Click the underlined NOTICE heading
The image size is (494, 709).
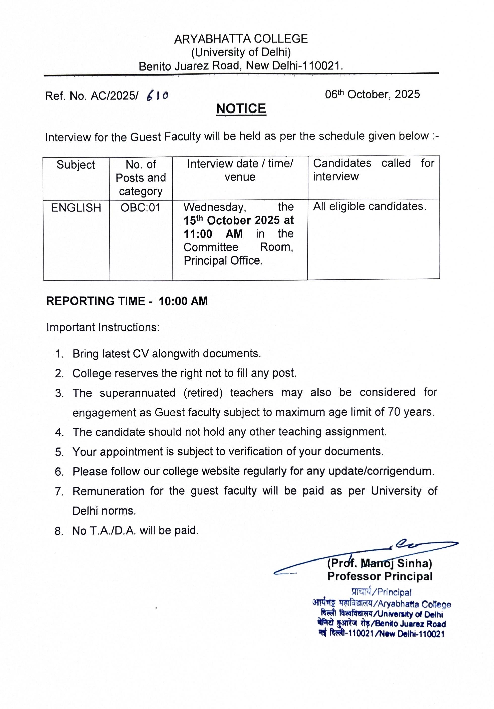point(241,109)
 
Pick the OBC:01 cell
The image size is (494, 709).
point(140,207)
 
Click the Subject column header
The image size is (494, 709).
point(76,165)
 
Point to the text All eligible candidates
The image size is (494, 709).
point(370,207)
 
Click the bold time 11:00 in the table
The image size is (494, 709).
point(198,234)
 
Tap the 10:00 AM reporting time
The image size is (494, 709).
point(183,301)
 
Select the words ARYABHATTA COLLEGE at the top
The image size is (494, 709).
point(241,39)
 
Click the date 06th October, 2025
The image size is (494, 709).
point(372,94)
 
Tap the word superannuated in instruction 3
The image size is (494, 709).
point(137,393)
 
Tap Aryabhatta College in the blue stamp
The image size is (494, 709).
point(414,604)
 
